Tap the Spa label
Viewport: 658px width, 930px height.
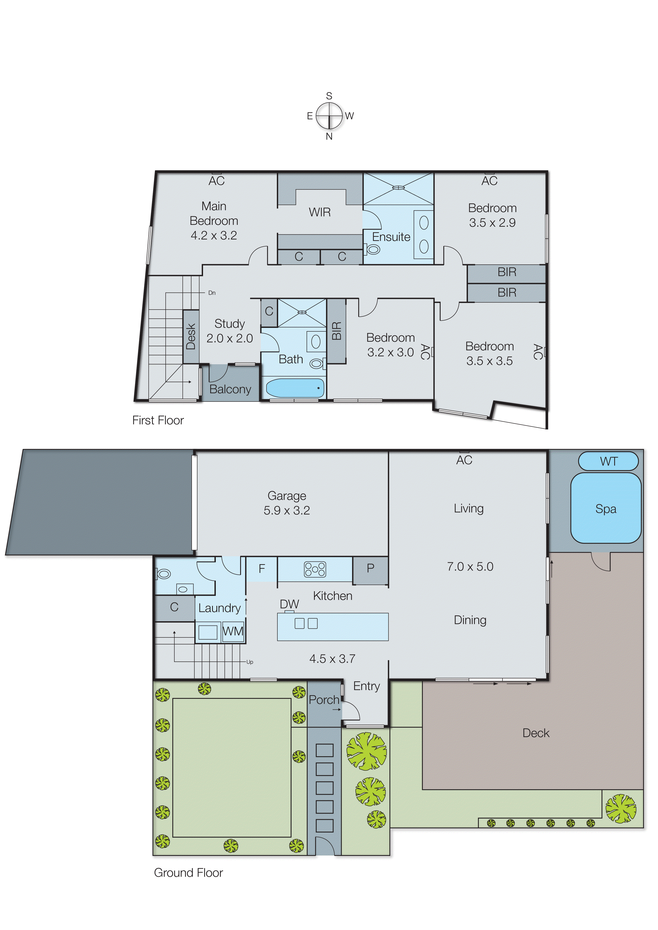tap(605, 509)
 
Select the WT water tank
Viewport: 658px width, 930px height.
tap(608, 462)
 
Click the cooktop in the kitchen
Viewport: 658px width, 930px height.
tap(315, 569)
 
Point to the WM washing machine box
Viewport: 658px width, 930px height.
tap(233, 632)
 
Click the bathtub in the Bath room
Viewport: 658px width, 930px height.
tap(295, 388)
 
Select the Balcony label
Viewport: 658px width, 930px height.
tap(230, 389)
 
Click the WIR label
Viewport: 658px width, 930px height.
tap(320, 212)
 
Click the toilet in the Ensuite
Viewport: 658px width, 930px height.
tap(372, 249)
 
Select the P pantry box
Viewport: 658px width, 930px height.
tap(370, 569)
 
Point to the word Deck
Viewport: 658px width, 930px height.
tap(536, 733)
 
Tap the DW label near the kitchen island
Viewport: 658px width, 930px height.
tap(289, 604)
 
